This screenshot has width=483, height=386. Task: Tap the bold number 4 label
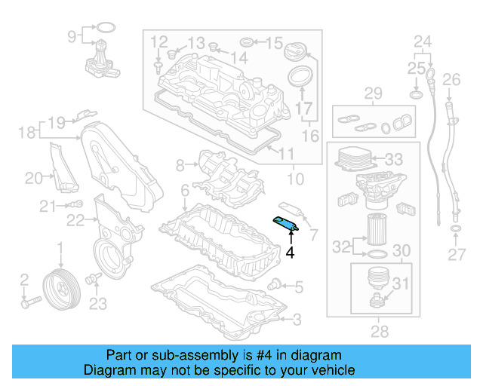coord(290,253)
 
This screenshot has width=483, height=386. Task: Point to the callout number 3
coord(297,320)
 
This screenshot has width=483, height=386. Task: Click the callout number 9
coord(72,35)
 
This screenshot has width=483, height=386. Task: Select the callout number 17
coord(304,109)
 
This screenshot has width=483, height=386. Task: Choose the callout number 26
coord(451,79)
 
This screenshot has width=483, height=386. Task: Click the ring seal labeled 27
coord(456,229)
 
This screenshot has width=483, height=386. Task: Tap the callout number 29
coord(373,93)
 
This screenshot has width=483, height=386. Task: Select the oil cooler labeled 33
coord(355,160)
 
